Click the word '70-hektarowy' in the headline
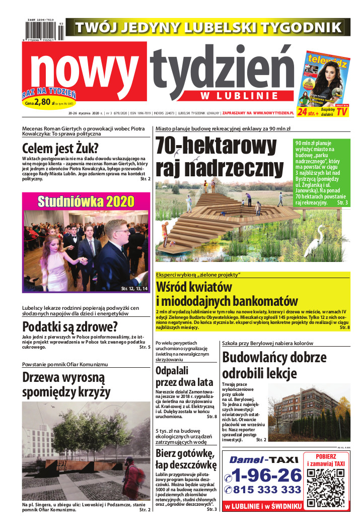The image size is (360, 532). coord(220,146)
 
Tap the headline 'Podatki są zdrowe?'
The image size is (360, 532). coord(70,325)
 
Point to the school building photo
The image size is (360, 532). coord(316,412)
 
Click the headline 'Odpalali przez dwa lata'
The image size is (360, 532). coord(184,376)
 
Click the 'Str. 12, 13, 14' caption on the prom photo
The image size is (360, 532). coord(134,289)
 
